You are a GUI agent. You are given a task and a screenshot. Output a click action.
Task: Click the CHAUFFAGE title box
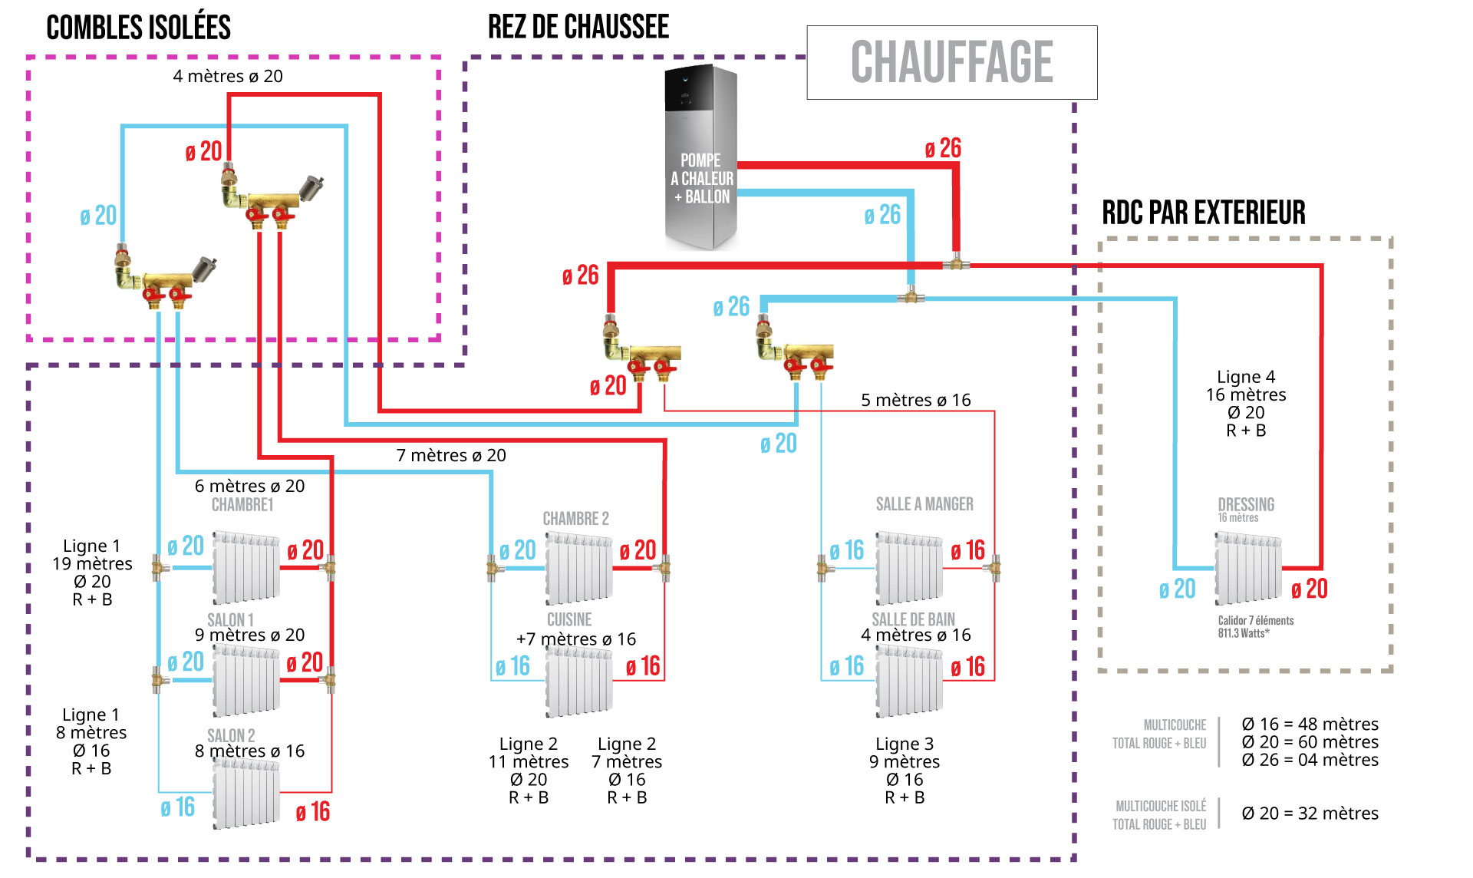951,62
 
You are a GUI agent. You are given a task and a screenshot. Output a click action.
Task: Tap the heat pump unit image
700,157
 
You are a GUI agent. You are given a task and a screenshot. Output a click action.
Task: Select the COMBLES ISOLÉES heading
138,28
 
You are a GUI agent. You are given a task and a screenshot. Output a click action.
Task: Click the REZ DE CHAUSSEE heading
578,27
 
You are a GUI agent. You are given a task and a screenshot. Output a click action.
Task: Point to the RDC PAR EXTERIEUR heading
1203,213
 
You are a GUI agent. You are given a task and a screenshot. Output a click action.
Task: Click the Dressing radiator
1247,570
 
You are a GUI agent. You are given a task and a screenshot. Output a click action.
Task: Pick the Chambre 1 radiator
245,566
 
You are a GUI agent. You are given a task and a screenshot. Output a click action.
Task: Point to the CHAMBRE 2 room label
575,519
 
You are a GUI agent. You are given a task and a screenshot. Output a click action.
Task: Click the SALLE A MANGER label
924,504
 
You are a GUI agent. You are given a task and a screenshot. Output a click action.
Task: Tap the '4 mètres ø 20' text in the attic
228,76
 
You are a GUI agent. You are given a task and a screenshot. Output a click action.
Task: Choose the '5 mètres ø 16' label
915,400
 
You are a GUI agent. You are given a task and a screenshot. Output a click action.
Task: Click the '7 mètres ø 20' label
451,455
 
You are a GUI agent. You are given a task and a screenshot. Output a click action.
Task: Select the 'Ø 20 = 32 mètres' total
1310,814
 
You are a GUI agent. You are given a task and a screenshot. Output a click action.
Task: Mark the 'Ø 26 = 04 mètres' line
1310,760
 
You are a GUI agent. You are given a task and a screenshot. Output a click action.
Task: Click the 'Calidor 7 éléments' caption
1255,621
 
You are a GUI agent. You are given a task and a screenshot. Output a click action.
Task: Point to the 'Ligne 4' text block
1246,404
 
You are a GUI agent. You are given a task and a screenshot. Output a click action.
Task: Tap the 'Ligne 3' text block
905,771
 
